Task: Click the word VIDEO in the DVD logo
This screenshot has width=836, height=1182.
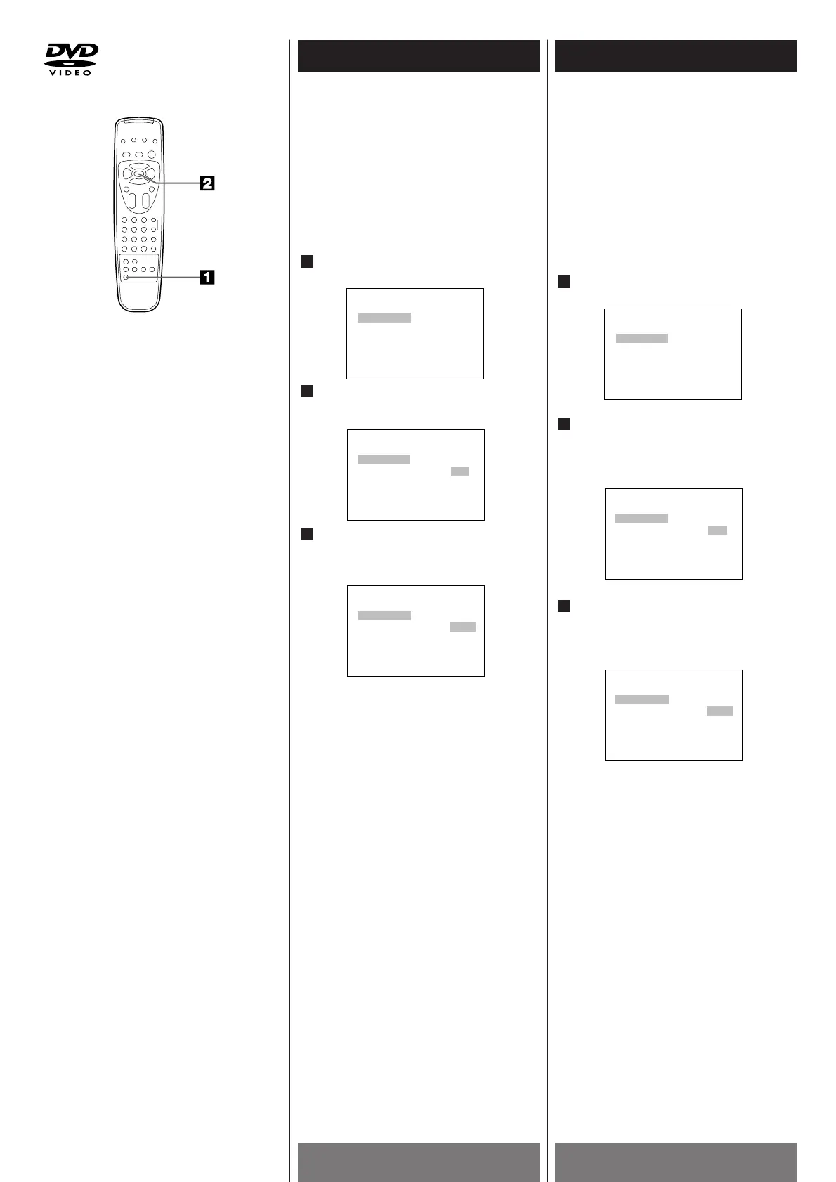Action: point(69,72)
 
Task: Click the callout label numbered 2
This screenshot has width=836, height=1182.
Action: point(207,184)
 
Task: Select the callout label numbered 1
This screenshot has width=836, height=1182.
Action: point(207,278)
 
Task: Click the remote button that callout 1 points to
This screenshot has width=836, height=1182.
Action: point(126,278)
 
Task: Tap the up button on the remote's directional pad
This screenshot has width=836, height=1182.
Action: point(139,167)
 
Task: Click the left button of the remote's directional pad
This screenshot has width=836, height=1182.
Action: point(126,174)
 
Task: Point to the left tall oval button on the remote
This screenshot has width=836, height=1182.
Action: point(131,200)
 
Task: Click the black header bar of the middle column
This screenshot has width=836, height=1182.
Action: point(418,56)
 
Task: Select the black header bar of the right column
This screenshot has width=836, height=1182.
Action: point(675,56)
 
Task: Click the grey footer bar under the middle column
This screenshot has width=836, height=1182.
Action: point(418,1162)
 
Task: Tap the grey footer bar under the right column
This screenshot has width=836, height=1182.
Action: point(675,1162)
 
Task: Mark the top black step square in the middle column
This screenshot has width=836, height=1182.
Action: point(306,261)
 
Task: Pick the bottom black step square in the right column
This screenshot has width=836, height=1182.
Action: point(563,606)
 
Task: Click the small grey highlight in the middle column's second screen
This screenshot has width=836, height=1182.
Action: point(460,471)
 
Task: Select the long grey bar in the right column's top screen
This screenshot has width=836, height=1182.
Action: point(642,339)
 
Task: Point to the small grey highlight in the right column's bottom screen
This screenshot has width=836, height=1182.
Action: point(720,711)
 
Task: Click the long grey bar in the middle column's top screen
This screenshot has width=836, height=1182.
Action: point(384,318)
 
